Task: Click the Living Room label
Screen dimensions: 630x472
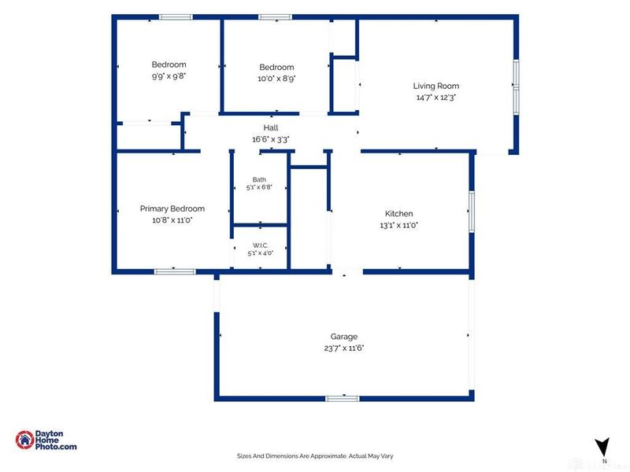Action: click(436, 86)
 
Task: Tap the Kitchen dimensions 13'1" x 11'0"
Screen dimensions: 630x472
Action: click(399, 225)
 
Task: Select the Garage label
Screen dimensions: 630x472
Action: click(344, 337)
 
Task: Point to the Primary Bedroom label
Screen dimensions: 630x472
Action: click(172, 208)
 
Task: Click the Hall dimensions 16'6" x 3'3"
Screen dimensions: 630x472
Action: click(271, 139)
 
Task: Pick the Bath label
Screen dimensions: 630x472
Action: click(259, 179)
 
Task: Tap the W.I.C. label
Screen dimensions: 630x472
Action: click(261, 245)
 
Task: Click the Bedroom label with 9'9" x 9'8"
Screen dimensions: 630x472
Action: click(169, 65)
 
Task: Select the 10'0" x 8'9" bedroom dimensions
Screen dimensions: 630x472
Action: click(277, 78)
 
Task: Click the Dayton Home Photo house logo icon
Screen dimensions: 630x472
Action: click(25, 440)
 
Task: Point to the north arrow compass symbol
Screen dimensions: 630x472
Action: click(602, 447)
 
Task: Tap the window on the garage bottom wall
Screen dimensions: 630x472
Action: click(343, 399)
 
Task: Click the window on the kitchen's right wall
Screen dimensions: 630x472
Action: click(472, 212)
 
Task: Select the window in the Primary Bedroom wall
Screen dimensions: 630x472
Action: click(175, 271)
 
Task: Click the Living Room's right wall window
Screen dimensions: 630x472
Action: click(517, 87)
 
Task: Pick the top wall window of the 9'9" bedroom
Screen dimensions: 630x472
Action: click(176, 17)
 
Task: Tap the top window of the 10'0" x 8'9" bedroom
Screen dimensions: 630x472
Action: click(275, 17)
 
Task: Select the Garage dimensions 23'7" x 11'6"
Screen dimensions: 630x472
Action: click(344, 348)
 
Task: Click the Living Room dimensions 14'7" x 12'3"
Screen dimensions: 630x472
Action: click(436, 97)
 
